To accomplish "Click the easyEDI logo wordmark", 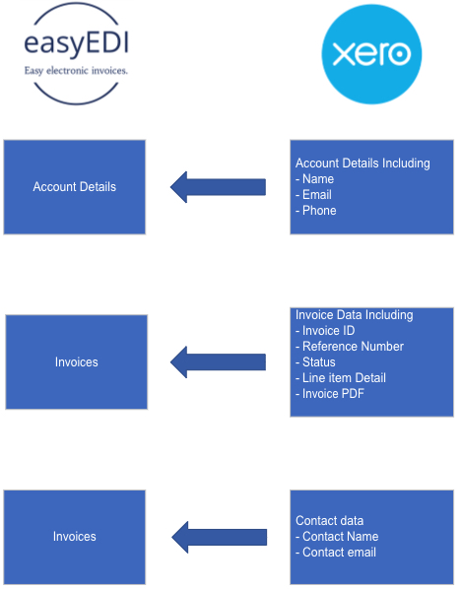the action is click(76, 43).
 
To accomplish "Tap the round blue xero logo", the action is click(371, 54).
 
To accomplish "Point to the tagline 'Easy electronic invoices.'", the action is click(76, 71).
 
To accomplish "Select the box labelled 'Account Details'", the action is click(74, 187).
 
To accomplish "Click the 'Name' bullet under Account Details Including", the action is click(315, 179).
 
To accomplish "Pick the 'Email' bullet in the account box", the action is click(313, 195).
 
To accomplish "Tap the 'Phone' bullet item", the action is click(316, 211).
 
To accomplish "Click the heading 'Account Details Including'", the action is click(363, 164).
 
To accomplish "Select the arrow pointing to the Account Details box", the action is click(219, 187).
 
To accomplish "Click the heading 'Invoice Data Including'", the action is click(355, 315).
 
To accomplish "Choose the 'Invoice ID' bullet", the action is click(325, 331).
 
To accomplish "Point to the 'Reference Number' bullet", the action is click(350, 347).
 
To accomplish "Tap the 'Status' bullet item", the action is click(315, 362).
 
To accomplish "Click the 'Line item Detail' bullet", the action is click(341, 378).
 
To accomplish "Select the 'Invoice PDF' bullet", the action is click(330, 394).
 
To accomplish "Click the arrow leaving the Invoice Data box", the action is click(219, 362).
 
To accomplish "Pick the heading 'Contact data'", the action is click(329, 521).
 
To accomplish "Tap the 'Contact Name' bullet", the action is click(337, 537).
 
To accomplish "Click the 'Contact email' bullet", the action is click(336, 553).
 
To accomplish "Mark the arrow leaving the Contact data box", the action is click(220, 537).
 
